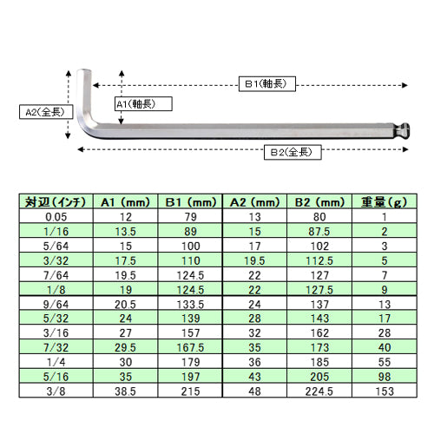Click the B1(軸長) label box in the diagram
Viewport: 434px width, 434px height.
267,84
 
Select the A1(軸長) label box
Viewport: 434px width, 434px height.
143,104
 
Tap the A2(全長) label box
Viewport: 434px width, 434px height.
46,112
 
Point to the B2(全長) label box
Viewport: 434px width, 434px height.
293,152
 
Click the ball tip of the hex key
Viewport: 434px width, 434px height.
403,131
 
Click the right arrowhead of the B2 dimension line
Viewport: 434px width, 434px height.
405,149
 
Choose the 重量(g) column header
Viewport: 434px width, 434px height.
385,202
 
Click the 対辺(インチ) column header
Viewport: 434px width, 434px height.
56,202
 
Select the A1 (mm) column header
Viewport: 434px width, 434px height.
125,202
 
